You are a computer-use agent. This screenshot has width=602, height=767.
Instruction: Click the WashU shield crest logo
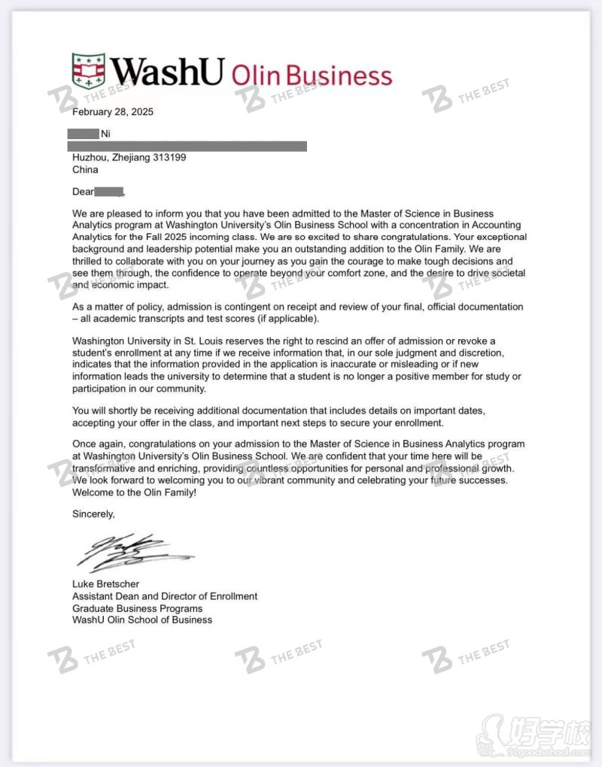point(88,71)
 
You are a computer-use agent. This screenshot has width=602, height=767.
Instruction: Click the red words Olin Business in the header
point(312,76)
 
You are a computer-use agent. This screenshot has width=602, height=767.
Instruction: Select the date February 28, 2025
point(112,112)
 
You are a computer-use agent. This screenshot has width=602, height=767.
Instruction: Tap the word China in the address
point(85,170)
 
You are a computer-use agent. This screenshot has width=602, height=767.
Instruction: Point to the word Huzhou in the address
point(89,158)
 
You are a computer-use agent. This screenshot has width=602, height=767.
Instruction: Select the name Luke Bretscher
point(105,584)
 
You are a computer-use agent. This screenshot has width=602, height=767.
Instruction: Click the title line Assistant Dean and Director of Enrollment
point(165,596)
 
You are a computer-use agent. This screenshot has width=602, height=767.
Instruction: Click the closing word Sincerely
point(94,515)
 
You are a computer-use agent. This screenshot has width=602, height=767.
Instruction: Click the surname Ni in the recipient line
point(105,134)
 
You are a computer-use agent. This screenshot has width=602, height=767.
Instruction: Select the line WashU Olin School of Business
point(142,620)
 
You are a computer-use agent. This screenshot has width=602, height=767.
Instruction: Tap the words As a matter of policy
point(118,307)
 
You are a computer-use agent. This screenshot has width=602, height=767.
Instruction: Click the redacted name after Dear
point(108,193)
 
